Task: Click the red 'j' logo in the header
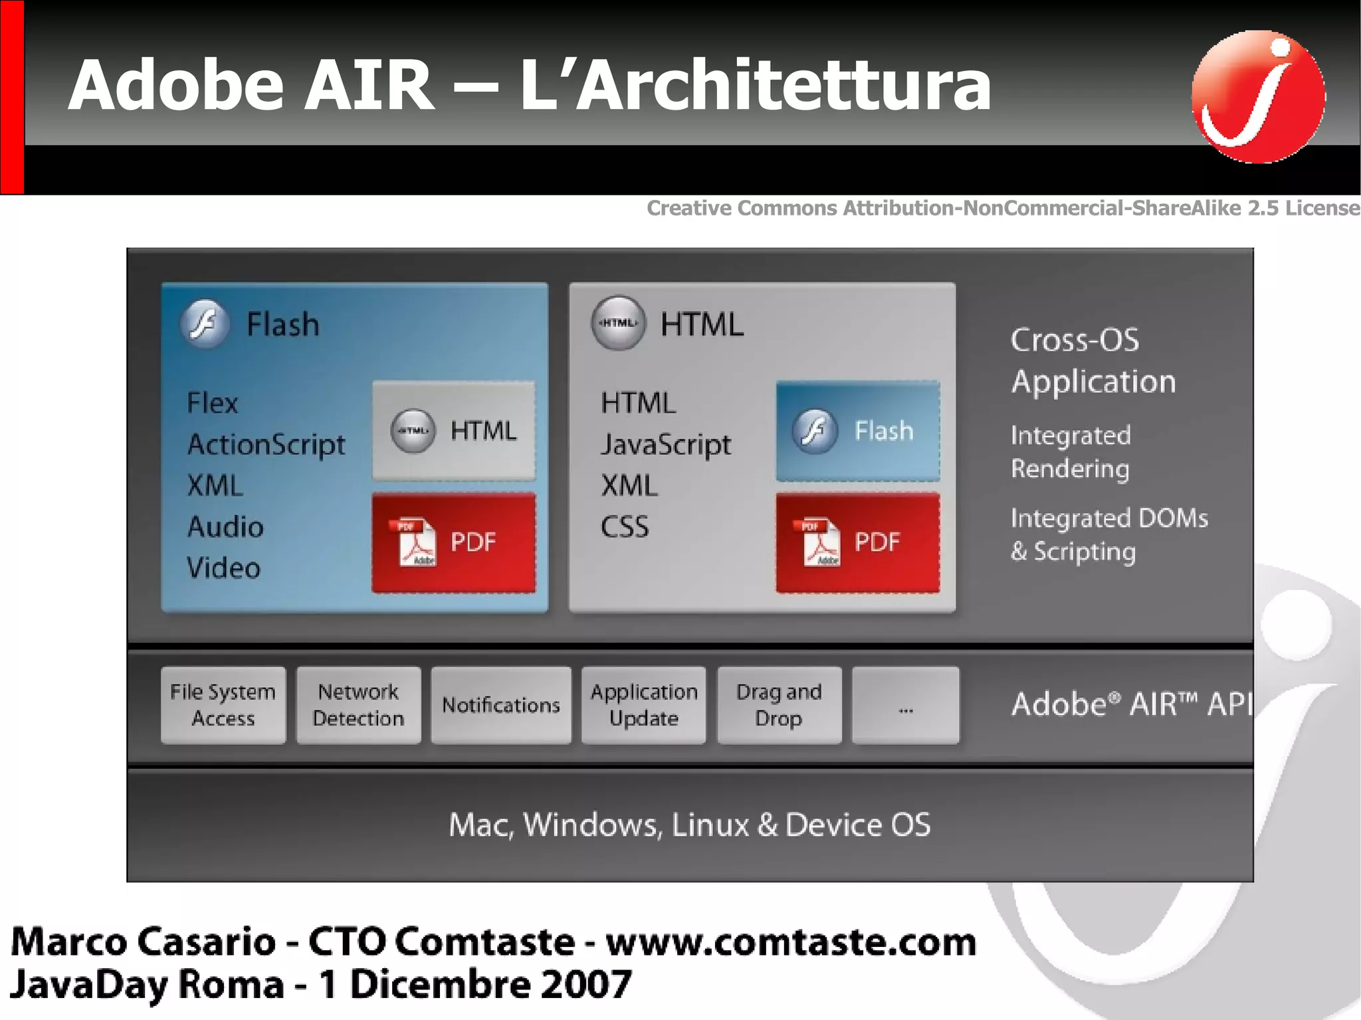[1258, 96]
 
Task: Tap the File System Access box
[223, 705]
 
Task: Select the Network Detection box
[358, 705]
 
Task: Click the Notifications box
[501, 705]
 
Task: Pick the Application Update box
[643, 705]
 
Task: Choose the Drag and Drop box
[779, 705]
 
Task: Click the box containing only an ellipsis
[906, 705]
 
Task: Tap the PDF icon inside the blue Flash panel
[417, 542]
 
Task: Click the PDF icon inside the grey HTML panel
[821, 542]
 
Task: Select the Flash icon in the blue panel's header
[205, 324]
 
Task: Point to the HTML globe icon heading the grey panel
[618, 323]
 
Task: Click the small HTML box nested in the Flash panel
[454, 431]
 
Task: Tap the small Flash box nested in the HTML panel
[858, 431]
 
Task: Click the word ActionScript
[266, 445]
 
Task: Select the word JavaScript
[666, 445]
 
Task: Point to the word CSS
[625, 527]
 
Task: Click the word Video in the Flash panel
[223, 568]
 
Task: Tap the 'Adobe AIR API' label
[1130, 704]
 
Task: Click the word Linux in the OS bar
[710, 825]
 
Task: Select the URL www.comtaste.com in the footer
[791, 942]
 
